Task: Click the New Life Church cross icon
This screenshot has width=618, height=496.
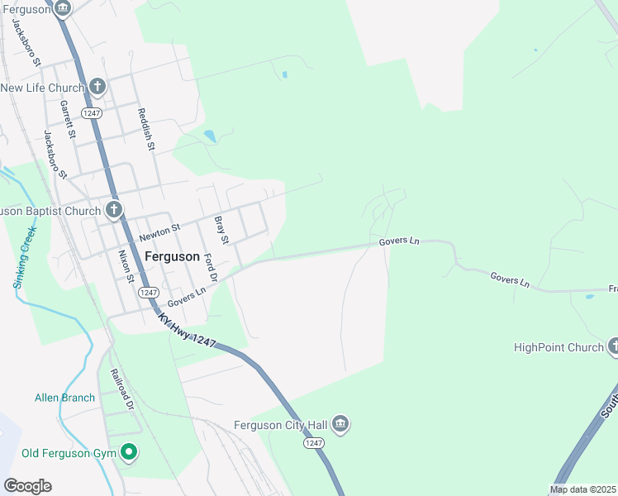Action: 97,86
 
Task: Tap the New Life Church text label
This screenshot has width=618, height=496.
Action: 42,88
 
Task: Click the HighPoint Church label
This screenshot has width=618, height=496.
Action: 559,347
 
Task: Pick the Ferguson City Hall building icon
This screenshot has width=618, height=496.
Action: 340,425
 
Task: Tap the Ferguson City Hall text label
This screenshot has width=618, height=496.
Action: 281,426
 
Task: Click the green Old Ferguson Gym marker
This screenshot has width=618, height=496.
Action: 128,452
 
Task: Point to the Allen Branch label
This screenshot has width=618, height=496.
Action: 64,398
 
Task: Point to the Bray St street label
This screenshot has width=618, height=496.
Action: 221,229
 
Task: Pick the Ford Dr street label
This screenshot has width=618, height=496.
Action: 209,267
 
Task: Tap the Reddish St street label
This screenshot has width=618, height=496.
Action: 145,129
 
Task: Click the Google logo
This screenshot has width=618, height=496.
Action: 27,486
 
